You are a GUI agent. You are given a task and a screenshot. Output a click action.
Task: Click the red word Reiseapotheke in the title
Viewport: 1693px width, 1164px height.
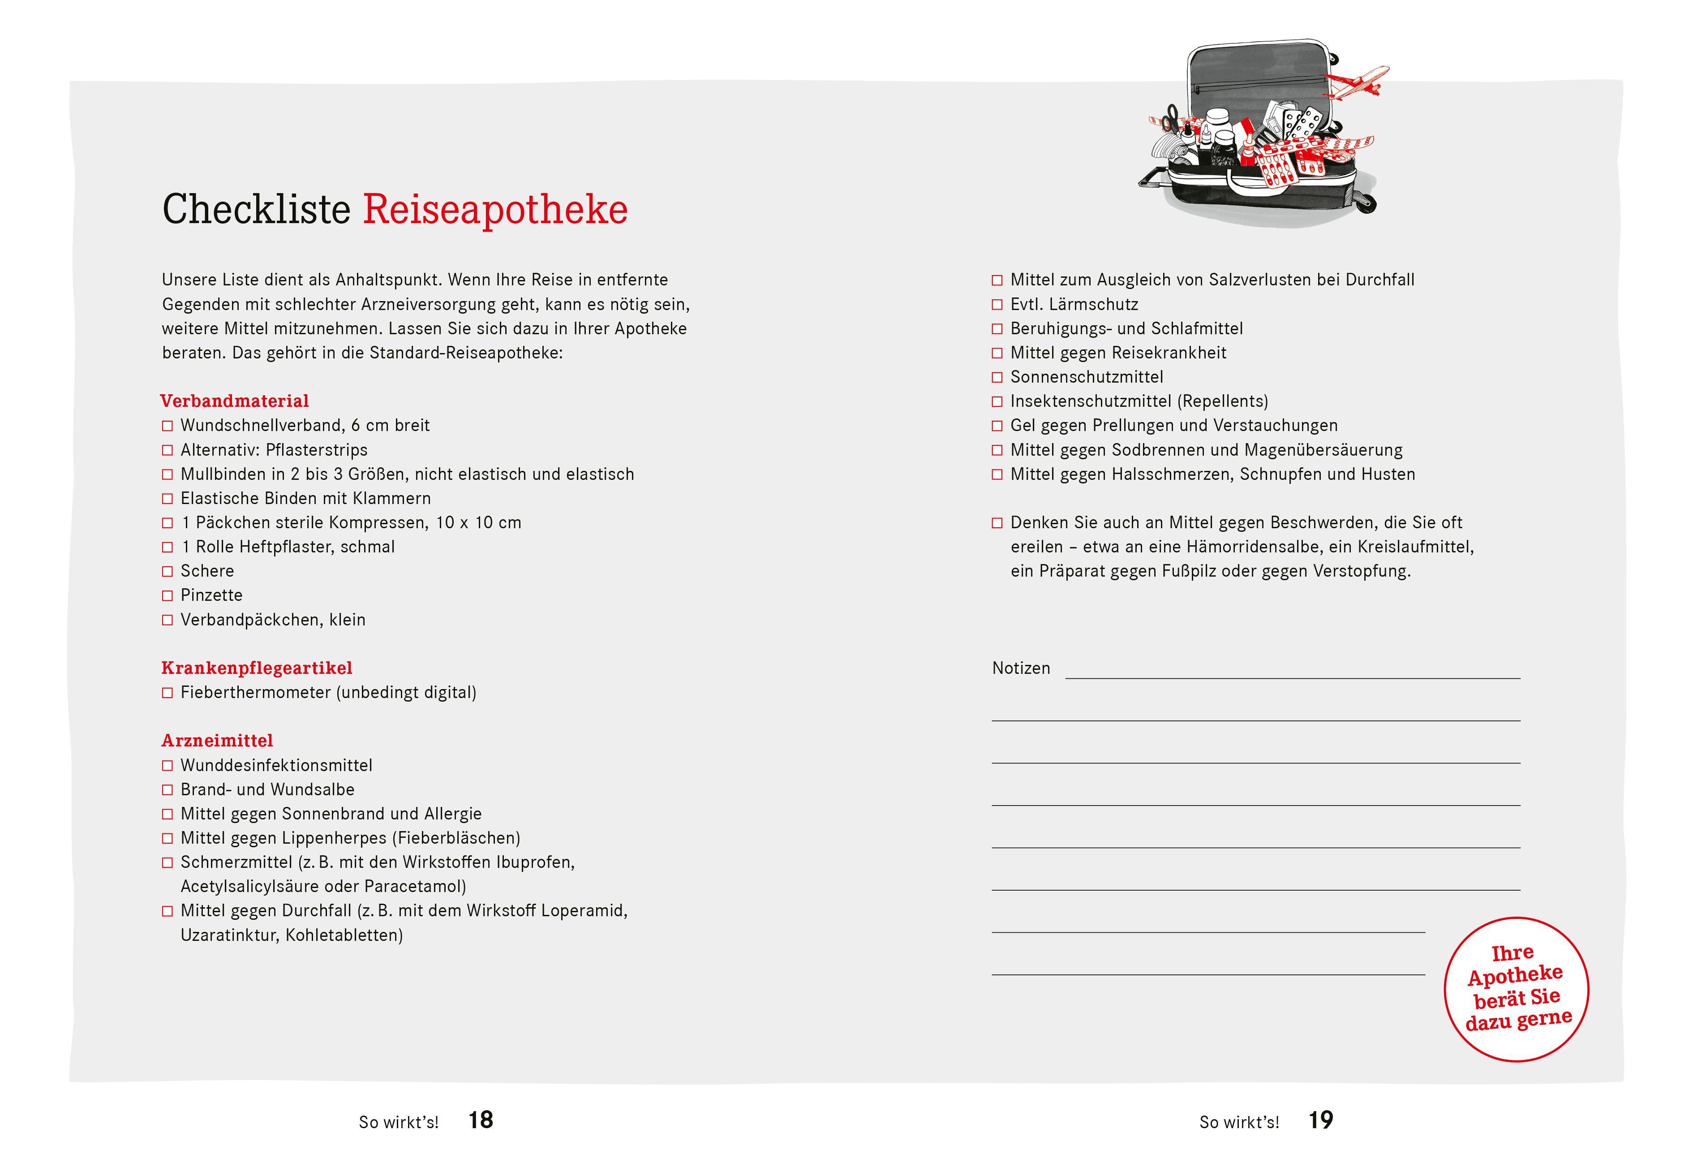tap(494, 210)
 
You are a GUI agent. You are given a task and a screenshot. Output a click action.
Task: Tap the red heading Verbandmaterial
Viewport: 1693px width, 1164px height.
tap(234, 401)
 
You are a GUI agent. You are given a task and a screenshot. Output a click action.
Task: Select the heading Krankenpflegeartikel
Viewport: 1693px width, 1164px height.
tap(257, 668)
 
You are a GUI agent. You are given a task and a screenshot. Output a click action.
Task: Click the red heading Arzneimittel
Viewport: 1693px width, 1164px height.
tap(217, 741)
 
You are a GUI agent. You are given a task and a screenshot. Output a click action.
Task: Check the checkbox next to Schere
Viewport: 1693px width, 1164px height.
tap(168, 572)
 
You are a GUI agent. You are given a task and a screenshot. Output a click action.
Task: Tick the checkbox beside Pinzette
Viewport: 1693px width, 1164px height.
tap(168, 596)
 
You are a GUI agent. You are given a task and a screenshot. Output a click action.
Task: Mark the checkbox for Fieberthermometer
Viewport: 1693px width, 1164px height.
tap(168, 693)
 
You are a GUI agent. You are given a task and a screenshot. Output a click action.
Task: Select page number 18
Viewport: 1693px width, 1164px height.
tap(481, 1120)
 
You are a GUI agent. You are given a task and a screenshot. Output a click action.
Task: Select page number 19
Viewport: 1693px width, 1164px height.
tap(1320, 1120)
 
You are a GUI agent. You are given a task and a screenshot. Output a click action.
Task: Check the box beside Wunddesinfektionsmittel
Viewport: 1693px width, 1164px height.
tap(168, 766)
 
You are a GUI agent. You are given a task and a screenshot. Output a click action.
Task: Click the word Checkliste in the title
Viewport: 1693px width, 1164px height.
tap(256, 210)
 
